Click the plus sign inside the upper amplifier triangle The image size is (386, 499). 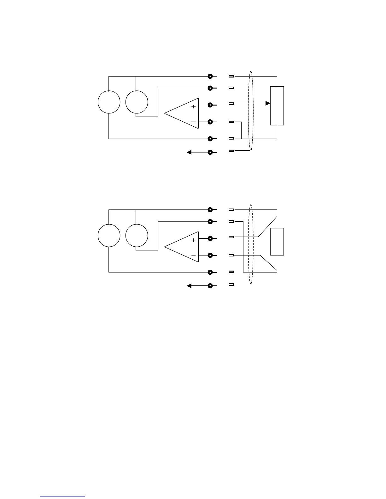point(193,107)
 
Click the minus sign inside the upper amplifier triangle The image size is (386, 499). point(193,122)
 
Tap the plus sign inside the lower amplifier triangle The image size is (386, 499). point(193,240)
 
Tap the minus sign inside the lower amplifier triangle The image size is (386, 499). point(193,255)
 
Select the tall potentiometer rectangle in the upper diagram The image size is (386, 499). point(277,106)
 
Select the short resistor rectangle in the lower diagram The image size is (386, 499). point(277,242)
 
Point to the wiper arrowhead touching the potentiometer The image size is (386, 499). point(268,103)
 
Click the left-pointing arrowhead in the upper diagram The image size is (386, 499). point(189,152)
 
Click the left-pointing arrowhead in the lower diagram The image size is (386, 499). point(189,286)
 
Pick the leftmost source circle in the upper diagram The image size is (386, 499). point(109,102)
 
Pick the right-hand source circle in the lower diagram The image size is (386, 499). point(137,236)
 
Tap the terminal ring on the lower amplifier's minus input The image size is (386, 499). point(210,255)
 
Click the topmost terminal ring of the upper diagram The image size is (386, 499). point(210,76)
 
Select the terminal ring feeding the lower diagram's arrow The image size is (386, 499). point(210,286)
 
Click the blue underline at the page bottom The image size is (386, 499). point(62,496)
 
